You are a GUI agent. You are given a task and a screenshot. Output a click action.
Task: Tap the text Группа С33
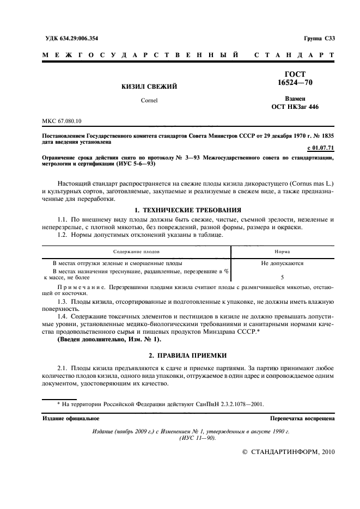pyautogui.click(x=319, y=38)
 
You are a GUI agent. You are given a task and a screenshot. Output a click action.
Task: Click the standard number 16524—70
pyautogui.click(x=295, y=82)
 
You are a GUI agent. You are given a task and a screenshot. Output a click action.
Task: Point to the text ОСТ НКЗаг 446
pyautogui.click(x=295, y=107)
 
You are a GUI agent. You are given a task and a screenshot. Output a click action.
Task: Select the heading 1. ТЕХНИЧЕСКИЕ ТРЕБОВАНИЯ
pyautogui.click(x=180, y=210)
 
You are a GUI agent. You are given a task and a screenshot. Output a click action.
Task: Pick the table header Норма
pyautogui.click(x=282, y=252)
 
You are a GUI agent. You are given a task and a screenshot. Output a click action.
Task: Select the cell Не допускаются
pyautogui.click(x=282, y=263)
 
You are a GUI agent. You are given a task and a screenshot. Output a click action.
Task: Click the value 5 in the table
pyautogui.click(x=282, y=277)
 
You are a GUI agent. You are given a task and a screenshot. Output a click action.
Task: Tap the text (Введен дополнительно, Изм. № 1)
pyautogui.click(x=109, y=339)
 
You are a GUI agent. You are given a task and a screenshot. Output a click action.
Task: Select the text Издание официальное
pyautogui.click(x=71, y=419)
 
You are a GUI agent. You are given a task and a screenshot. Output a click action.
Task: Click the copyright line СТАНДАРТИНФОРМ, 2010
pyautogui.click(x=289, y=451)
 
